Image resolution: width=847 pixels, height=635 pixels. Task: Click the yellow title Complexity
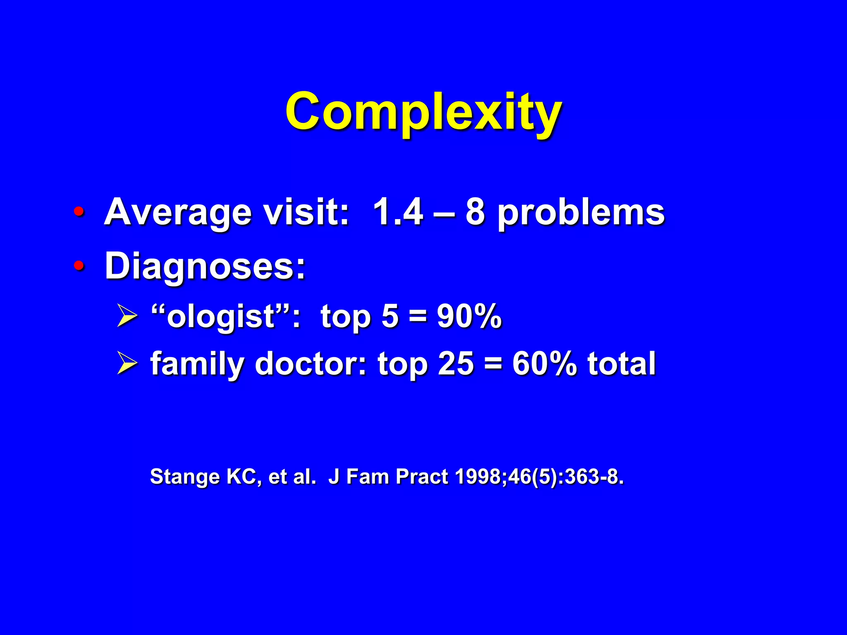coord(423,112)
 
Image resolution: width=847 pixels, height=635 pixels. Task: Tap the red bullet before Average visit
coord(79,212)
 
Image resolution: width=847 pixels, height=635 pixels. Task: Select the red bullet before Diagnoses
coord(79,265)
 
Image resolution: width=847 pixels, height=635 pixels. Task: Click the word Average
coord(178,213)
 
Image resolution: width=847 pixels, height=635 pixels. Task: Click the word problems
coord(581,213)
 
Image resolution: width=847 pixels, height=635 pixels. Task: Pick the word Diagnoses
coord(205,267)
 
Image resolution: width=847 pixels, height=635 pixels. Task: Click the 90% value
coord(469,316)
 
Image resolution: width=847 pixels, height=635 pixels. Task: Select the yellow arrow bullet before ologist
coord(127,316)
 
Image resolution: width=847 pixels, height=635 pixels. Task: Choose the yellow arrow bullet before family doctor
coord(127,363)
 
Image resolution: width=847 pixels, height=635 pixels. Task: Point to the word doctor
coord(310,364)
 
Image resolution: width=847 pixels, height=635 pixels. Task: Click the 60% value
coord(544,364)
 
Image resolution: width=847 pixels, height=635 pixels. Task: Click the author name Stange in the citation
coord(184,477)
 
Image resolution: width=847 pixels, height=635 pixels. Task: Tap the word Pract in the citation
coord(421,477)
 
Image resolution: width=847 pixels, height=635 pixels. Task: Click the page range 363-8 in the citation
coord(592,477)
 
